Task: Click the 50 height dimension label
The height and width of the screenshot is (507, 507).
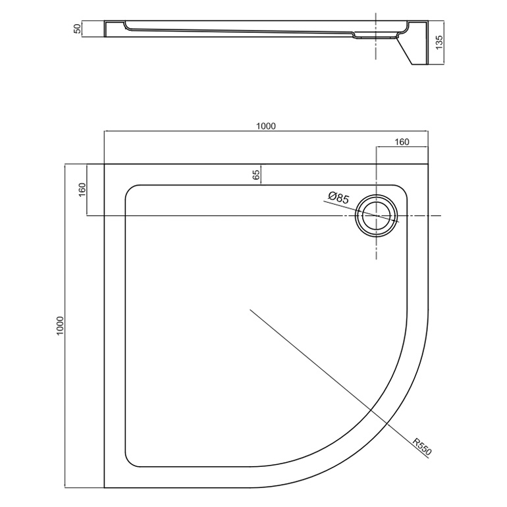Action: click(x=77, y=29)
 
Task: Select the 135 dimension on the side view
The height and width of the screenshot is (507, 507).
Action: click(x=439, y=42)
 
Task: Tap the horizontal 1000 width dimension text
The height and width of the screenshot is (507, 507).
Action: click(x=266, y=126)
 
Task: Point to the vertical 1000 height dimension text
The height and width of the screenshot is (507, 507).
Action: click(x=61, y=326)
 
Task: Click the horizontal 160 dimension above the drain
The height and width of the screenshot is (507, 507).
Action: click(x=402, y=142)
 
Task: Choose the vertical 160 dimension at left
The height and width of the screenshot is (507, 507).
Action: click(x=82, y=190)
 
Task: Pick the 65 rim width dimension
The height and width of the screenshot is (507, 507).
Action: click(x=255, y=174)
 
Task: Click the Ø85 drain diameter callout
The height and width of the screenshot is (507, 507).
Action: click(x=338, y=198)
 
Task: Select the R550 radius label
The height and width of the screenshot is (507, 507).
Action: click(x=422, y=446)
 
